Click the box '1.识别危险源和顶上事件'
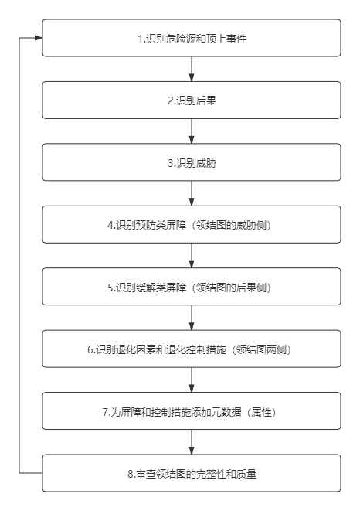(x=192, y=38)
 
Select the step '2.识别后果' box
(x=192, y=100)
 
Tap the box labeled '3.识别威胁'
(x=192, y=162)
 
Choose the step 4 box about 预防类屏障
(x=192, y=224)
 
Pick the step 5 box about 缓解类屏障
(x=192, y=287)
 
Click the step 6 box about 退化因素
(x=192, y=349)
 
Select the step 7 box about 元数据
(x=192, y=411)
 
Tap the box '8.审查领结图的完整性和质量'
(x=192, y=473)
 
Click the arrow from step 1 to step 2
(x=192, y=69)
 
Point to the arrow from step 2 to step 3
(x=192, y=131)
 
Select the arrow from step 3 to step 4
(x=192, y=193)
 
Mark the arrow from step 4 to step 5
(x=192, y=256)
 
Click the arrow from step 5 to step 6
(x=192, y=318)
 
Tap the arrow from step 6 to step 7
(x=192, y=380)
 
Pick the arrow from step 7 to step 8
(x=192, y=442)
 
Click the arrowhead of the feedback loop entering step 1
(x=39, y=38)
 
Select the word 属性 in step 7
(x=261, y=412)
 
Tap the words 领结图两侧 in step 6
(x=261, y=349)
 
